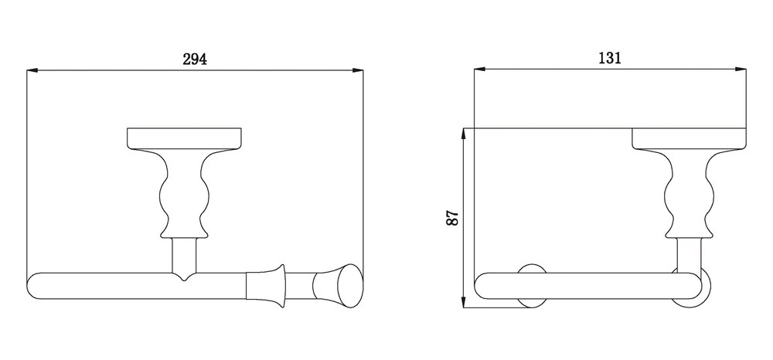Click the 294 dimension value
coord(195,59)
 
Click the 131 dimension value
coord(610,58)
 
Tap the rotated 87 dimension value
coord(452,218)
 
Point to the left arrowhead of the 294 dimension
coord(32,70)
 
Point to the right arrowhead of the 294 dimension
coord(357,70)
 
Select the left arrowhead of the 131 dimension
coord(480,69)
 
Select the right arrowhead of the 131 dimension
coord(741,69)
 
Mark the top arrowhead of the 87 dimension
coord(463,134)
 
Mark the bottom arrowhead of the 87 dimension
coord(463,302)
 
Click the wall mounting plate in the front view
coord(185,138)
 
